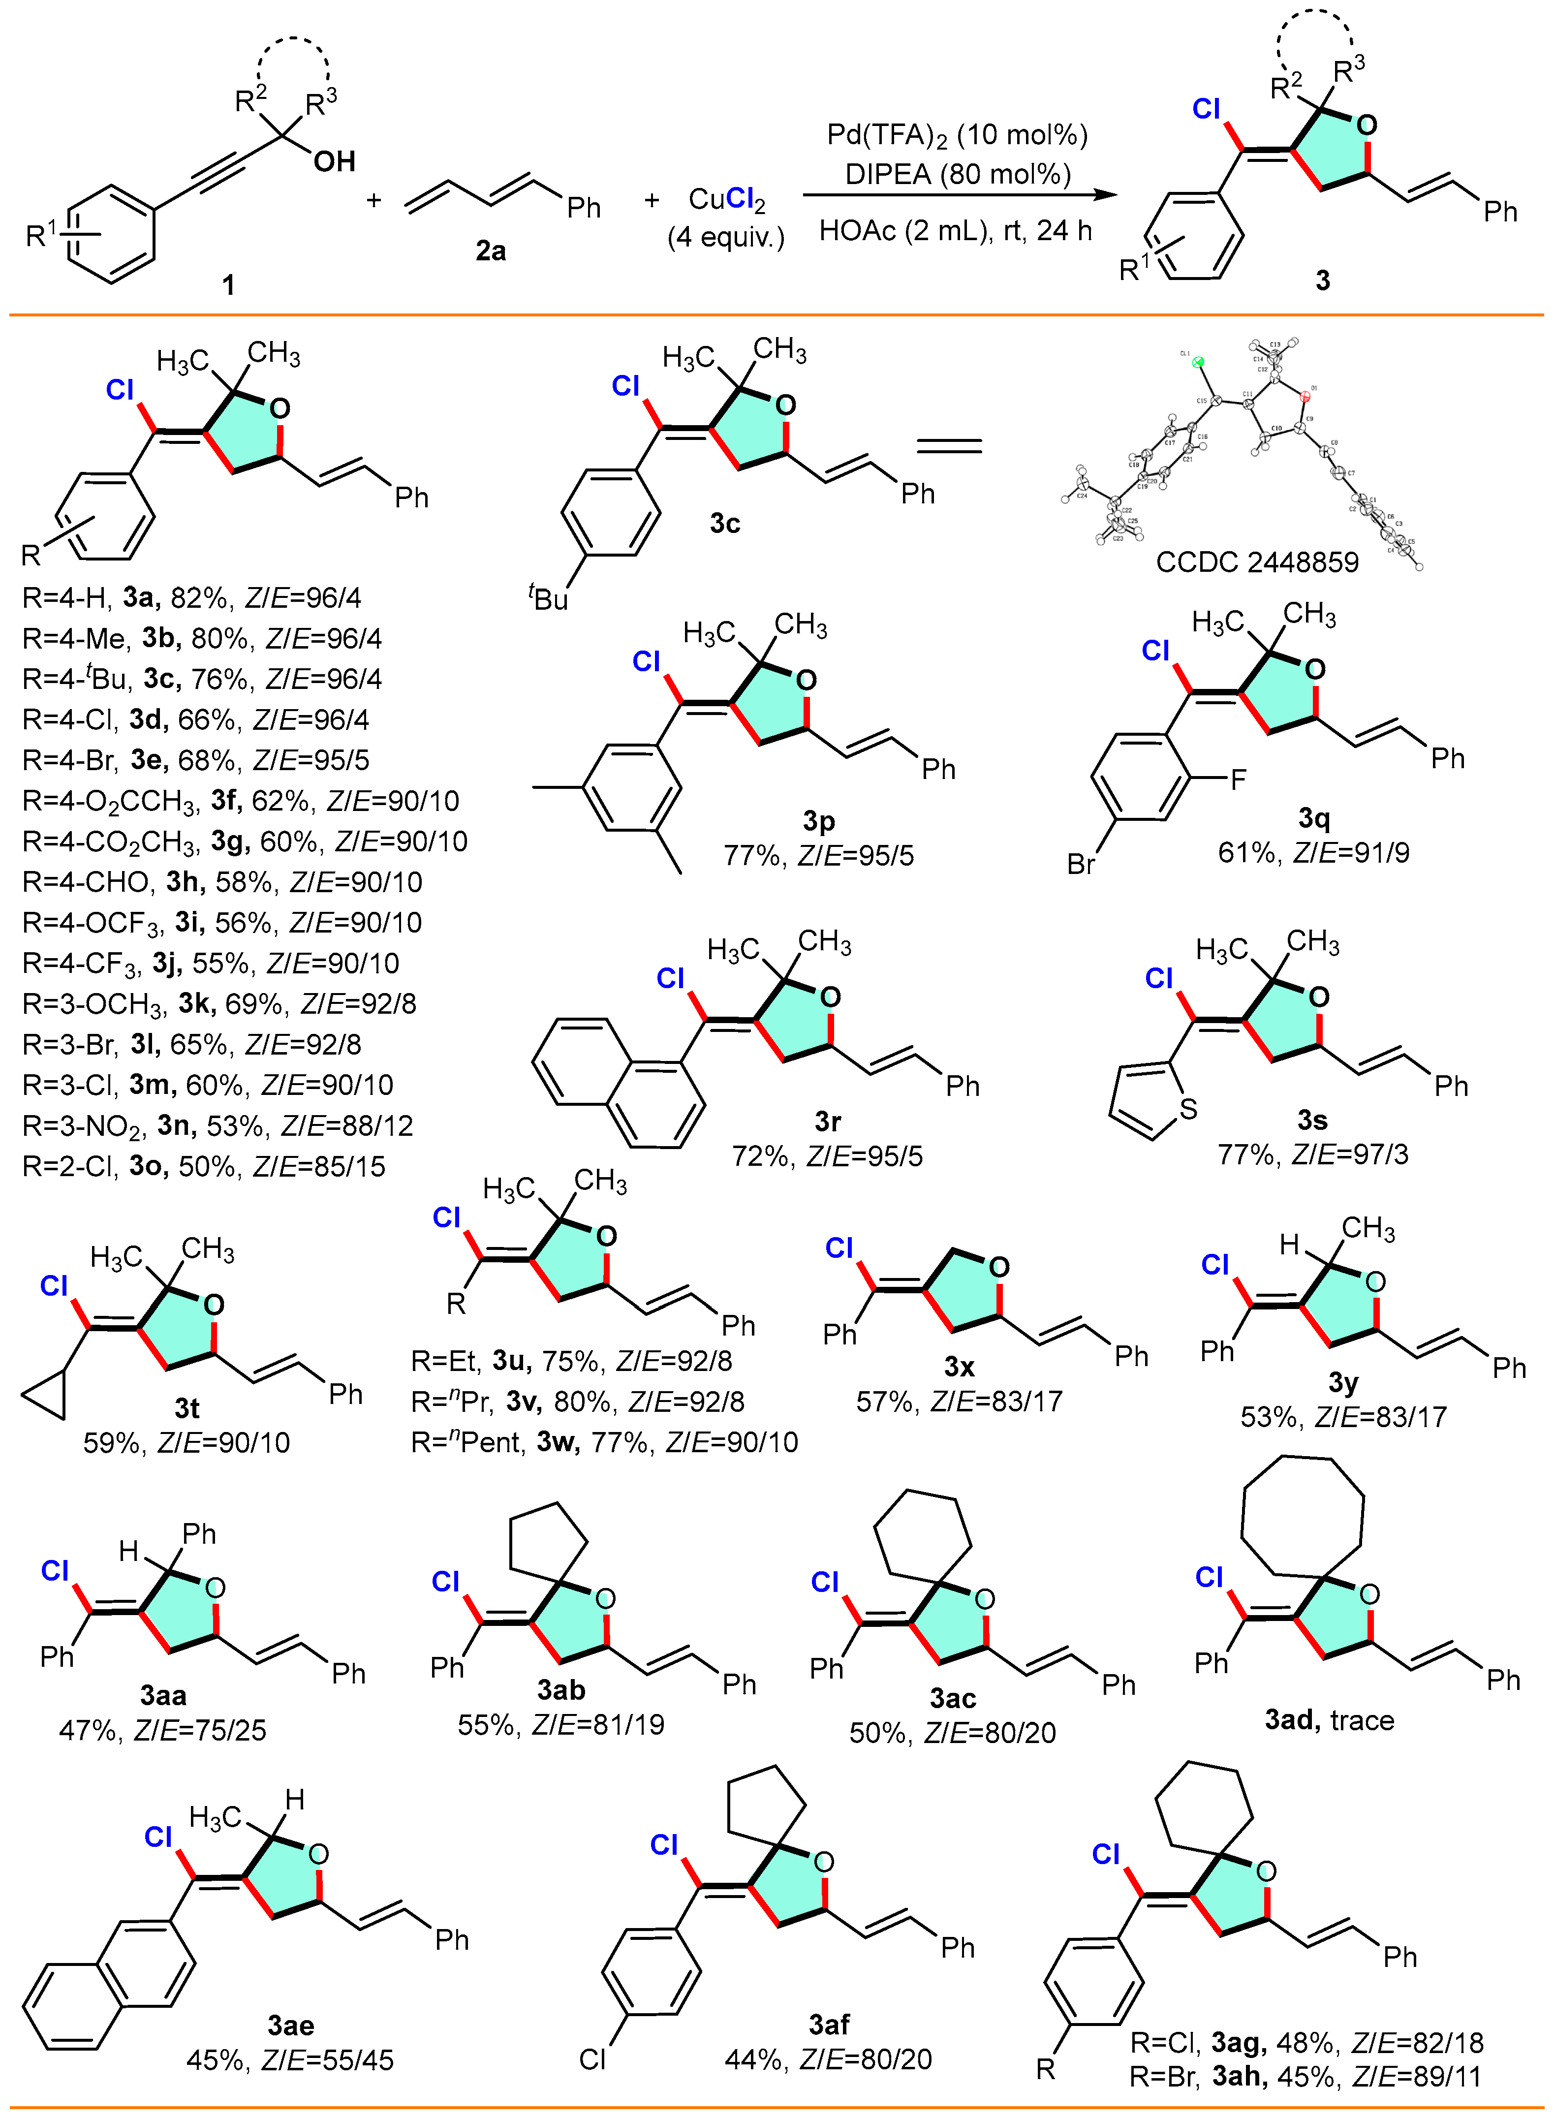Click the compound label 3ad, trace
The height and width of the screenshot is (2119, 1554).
click(x=1328, y=1720)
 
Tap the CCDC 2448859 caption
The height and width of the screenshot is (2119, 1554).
click(x=1257, y=562)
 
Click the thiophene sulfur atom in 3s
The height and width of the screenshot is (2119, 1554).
click(x=1188, y=1109)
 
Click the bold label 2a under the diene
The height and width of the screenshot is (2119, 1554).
click(x=490, y=251)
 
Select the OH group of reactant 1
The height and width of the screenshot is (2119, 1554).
click(x=334, y=162)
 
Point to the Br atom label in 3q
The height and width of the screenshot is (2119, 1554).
click(x=1081, y=864)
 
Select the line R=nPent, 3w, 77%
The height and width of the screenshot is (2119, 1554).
click(x=604, y=1442)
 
